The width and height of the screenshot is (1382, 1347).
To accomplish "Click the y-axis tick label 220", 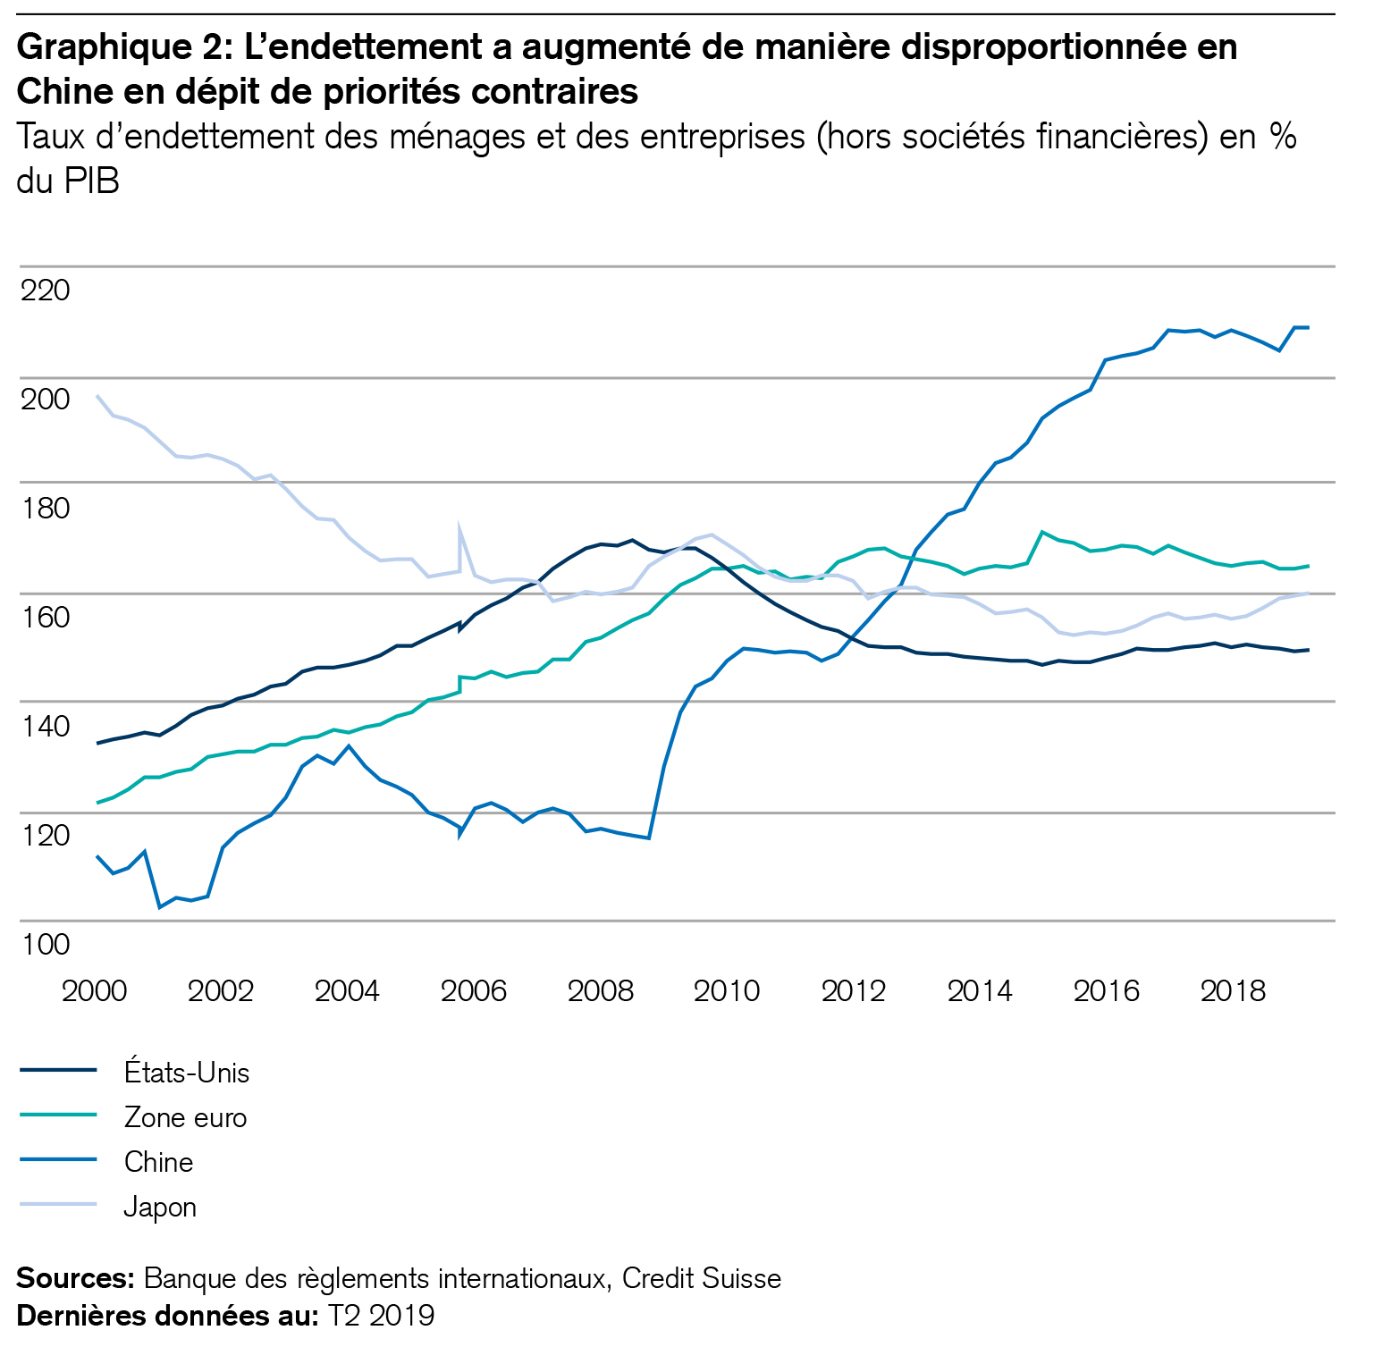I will (45, 290).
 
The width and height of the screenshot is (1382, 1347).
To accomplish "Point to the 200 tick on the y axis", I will (45, 400).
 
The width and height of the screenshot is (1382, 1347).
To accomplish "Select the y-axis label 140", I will (45, 726).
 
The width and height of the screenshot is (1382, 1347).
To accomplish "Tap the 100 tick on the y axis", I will (45, 944).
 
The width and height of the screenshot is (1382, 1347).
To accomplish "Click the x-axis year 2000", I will (94, 990).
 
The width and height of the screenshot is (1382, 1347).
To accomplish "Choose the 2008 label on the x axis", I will (601, 990).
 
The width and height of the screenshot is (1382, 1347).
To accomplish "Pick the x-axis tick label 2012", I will (854, 990).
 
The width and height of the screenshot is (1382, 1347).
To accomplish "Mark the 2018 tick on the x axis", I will (1233, 990).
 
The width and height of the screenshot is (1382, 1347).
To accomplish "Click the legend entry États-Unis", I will (187, 1073).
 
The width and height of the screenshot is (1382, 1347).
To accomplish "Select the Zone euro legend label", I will (185, 1117).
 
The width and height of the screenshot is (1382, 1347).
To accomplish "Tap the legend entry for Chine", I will (158, 1162).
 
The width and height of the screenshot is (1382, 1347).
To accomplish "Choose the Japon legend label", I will (160, 1208).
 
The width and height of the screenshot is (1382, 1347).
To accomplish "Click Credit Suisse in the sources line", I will (702, 1279).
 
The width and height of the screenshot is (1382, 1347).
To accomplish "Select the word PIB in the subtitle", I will (91, 181).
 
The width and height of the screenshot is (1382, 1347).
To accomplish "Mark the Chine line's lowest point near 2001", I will (160, 907).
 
